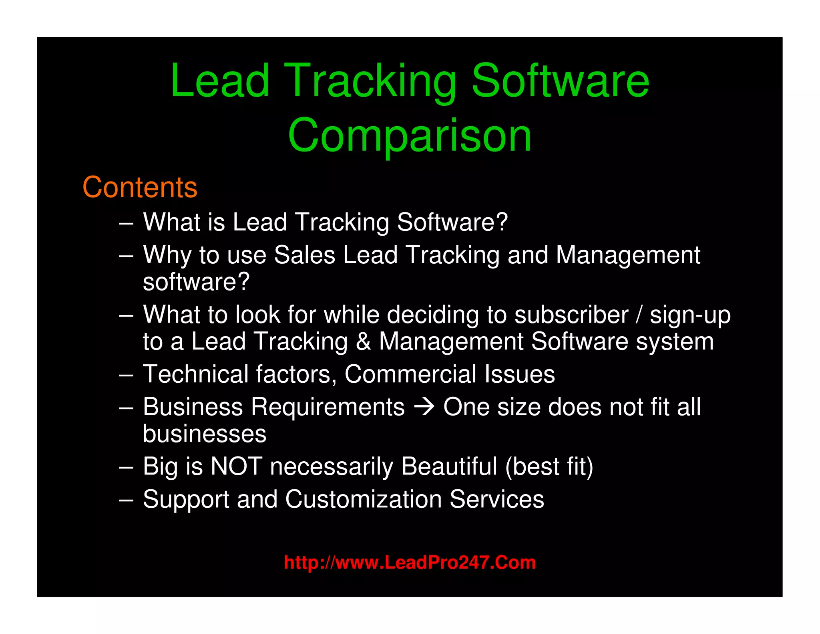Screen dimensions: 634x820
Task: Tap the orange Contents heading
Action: [140, 187]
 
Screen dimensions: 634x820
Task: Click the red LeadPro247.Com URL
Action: [410, 562]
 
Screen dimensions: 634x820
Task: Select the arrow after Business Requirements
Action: [424, 408]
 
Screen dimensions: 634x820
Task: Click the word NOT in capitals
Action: [236, 466]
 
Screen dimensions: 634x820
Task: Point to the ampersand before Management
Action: [363, 341]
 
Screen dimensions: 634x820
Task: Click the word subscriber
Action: [571, 315]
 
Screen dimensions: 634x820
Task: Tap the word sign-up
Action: [690, 315]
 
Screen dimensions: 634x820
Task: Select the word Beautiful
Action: [449, 466]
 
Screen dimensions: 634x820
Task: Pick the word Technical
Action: [196, 374]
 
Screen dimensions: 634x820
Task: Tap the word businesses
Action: [205, 434]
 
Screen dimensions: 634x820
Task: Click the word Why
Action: [167, 256]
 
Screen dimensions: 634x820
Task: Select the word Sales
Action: [304, 255]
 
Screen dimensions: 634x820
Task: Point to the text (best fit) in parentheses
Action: [549, 466]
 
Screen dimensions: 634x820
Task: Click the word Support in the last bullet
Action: [186, 500]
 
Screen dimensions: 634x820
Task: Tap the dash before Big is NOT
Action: [126, 467]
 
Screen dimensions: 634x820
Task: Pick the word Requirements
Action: [328, 407]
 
